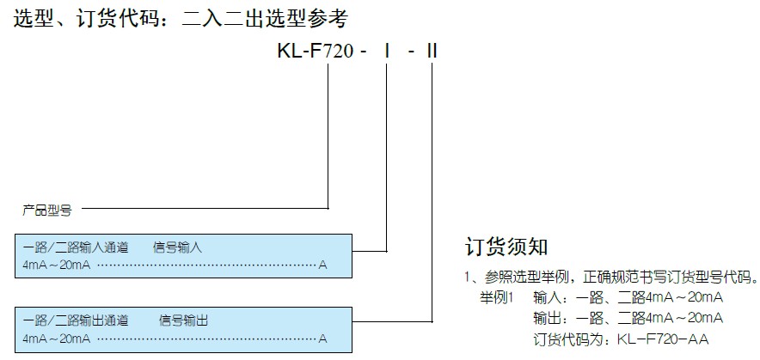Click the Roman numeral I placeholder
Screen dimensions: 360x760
(x=388, y=52)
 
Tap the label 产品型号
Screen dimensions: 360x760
(x=46, y=209)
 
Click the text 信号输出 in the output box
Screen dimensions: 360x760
(x=183, y=320)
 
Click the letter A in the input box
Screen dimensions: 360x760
(x=322, y=265)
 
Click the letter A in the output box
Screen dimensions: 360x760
(x=322, y=338)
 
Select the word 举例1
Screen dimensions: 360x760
(x=496, y=297)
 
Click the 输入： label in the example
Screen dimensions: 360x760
(x=550, y=297)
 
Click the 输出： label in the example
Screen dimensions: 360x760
(x=550, y=318)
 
